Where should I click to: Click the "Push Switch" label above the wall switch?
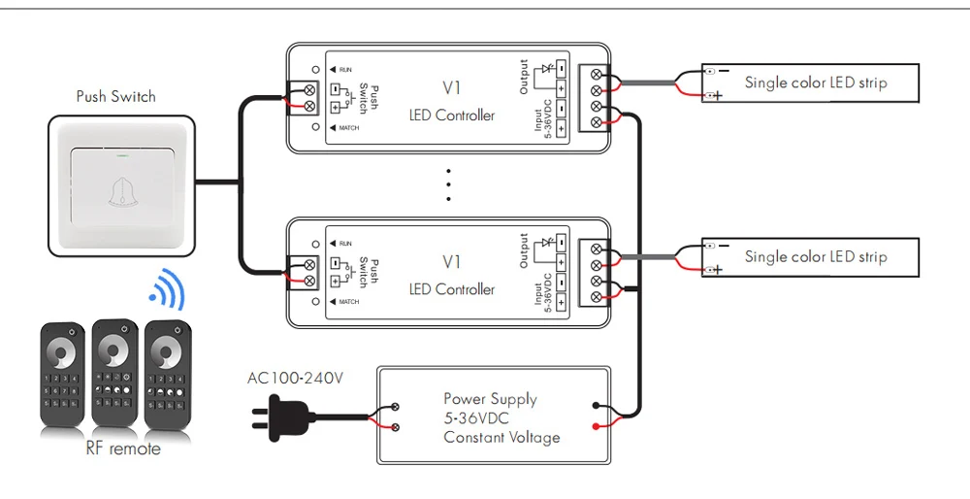click(115, 96)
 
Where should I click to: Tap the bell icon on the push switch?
click(122, 192)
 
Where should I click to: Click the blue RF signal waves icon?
click(168, 289)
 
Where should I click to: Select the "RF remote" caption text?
click(123, 449)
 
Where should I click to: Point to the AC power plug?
click(282, 416)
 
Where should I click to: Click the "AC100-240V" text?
click(295, 378)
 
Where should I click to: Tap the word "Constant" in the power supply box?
click(470, 437)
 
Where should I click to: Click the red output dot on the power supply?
click(596, 426)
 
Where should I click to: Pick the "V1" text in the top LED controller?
click(452, 88)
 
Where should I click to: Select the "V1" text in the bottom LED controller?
click(452, 262)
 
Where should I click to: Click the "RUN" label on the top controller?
click(345, 70)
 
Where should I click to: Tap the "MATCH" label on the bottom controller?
click(349, 302)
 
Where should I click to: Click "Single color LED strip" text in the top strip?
click(816, 83)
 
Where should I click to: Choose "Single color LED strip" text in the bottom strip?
click(816, 257)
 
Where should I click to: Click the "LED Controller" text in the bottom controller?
click(452, 289)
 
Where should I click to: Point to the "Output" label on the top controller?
click(524, 78)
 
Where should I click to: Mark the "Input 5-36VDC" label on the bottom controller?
click(542, 292)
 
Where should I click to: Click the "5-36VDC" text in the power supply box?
click(476, 418)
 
